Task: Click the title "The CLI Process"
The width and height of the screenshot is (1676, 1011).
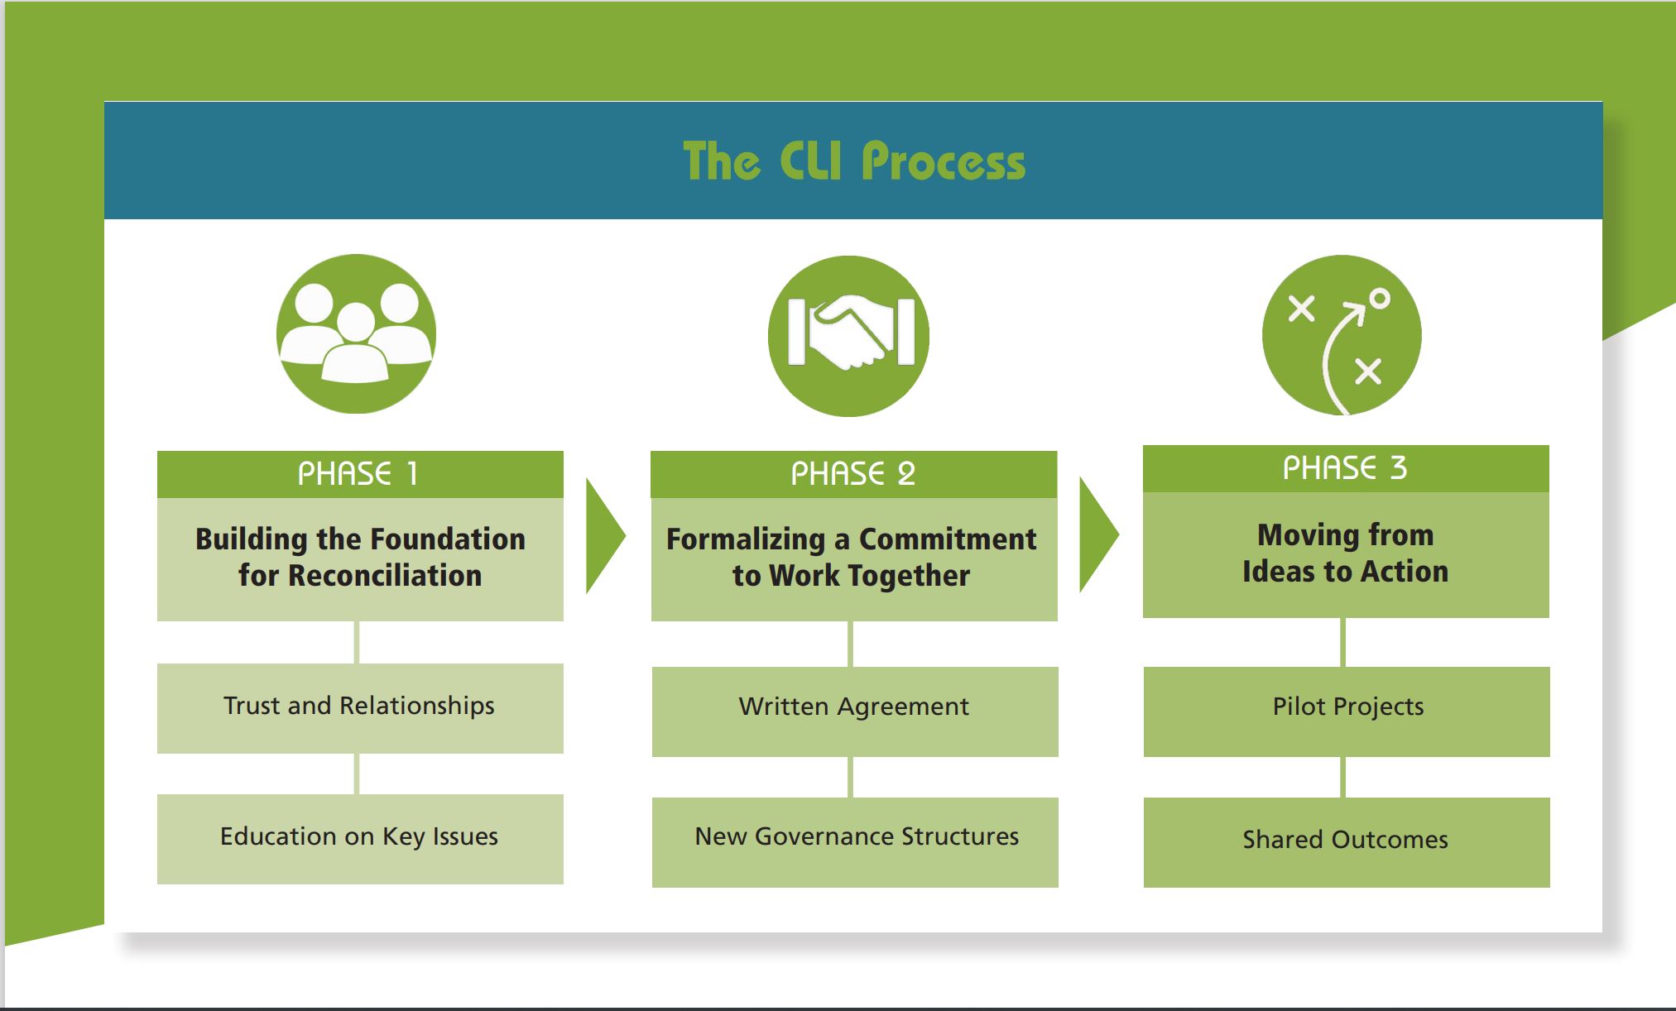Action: pyautogui.click(x=853, y=161)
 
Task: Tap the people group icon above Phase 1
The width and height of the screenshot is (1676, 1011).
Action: pyautogui.click(x=356, y=333)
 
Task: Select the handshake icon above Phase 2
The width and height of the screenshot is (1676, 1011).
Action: pyautogui.click(x=848, y=336)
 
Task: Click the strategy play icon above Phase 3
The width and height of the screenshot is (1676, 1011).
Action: pyautogui.click(x=1342, y=335)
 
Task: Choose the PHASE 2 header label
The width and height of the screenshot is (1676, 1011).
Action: pyautogui.click(x=853, y=474)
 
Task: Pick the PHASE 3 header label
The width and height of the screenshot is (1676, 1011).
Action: pyautogui.click(x=1345, y=468)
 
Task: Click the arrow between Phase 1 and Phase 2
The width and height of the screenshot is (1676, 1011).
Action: pyautogui.click(x=604, y=535)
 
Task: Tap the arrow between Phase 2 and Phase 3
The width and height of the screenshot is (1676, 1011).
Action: pyautogui.click(x=1097, y=535)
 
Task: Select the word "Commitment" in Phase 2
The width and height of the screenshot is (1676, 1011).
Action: pyautogui.click(x=948, y=539)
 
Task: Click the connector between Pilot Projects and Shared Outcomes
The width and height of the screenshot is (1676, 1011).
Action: pyautogui.click(x=1342, y=777)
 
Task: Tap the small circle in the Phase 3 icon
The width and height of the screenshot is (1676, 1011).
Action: pyautogui.click(x=1379, y=299)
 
